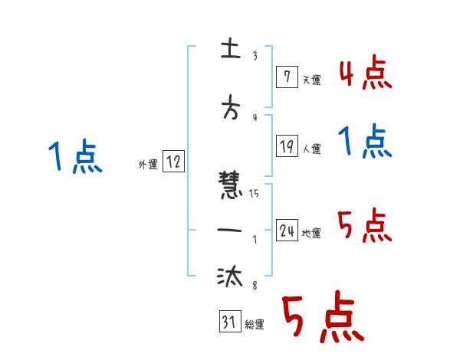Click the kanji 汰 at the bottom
(x=229, y=277)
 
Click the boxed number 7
(x=285, y=77)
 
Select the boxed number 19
(x=285, y=146)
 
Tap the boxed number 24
(x=287, y=231)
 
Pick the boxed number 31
(x=228, y=322)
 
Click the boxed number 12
(x=173, y=162)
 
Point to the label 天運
(x=311, y=80)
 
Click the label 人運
(x=312, y=149)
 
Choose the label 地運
(x=311, y=234)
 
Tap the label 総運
(x=254, y=325)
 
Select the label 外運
(x=148, y=164)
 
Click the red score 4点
(x=365, y=74)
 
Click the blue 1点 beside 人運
(x=365, y=142)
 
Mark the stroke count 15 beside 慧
(x=254, y=194)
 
